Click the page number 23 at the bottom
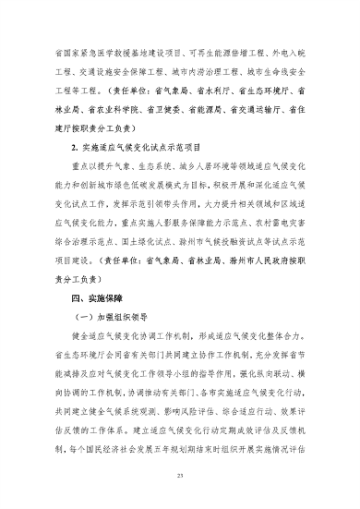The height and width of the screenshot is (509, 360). [x=180, y=476]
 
